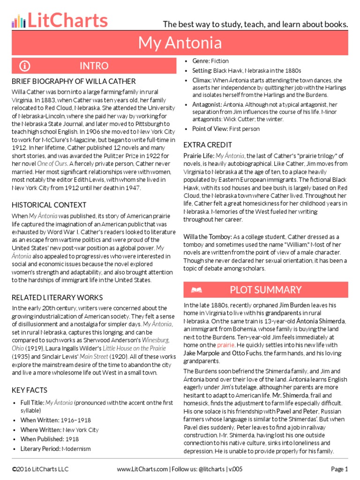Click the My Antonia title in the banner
(180, 43)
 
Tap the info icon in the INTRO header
(25, 66)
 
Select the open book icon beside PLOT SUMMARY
(196, 290)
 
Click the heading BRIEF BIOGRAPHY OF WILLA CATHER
(74, 81)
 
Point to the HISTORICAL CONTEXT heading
(49, 205)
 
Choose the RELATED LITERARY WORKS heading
(57, 297)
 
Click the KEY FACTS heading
(29, 390)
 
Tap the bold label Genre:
(201, 61)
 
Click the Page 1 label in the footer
(339, 469)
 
